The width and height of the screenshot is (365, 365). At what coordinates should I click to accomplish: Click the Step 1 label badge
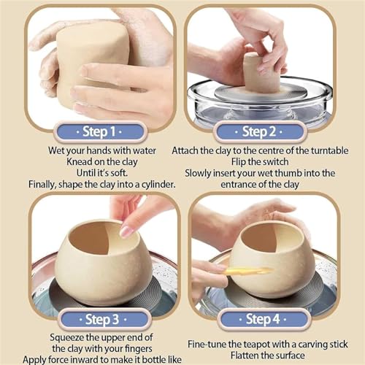point(100,131)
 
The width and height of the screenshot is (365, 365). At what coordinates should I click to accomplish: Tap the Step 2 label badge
point(259,131)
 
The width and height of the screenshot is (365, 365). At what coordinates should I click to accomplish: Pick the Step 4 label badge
point(263,319)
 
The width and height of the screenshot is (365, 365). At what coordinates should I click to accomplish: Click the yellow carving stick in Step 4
point(249,271)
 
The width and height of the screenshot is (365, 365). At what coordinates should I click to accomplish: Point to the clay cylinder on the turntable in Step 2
point(262,72)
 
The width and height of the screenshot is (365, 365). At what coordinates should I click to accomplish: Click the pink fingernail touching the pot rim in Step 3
point(127,231)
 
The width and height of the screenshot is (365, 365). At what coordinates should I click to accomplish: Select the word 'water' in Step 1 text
point(145,151)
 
